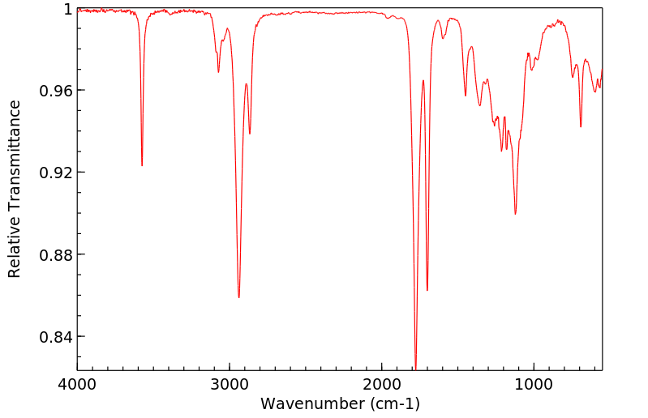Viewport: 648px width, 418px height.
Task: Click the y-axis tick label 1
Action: [68, 9]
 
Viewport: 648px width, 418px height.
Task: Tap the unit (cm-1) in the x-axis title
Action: [393, 403]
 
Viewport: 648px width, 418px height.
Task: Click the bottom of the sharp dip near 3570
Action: [142, 165]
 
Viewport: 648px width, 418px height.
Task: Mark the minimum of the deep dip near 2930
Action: [239, 297]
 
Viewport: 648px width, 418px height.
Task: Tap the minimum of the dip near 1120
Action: [515, 214]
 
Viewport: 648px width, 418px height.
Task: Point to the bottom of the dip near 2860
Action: [250, 134]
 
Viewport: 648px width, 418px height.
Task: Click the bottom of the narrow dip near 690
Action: [581, 127]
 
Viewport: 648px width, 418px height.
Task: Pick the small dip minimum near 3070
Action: [218, 72]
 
